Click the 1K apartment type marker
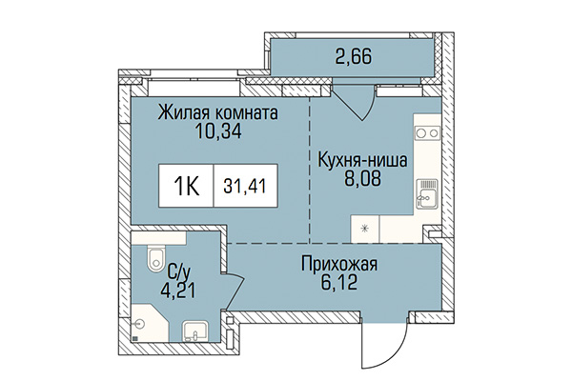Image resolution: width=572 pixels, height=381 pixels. coord(187,186)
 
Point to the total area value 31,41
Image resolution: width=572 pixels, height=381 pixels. coord(244,186)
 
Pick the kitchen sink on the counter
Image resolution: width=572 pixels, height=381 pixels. coord(426,198)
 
